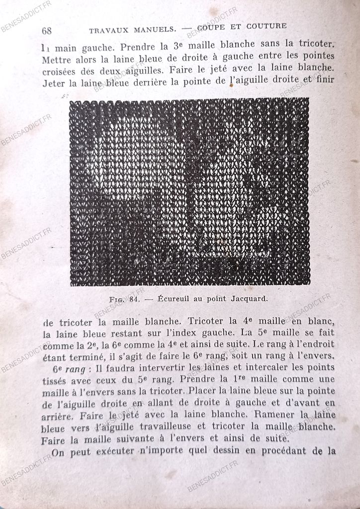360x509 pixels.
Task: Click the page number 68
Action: click(47, 31)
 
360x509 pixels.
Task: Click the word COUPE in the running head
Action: click(212, 27)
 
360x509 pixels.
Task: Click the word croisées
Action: click(61, 71)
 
